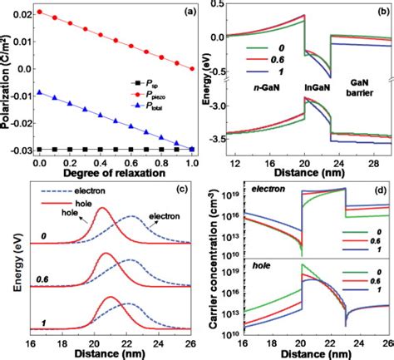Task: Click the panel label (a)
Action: pos(177,13)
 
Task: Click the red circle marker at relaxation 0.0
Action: pos(39,12)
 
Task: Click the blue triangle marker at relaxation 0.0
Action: pos(39,92)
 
